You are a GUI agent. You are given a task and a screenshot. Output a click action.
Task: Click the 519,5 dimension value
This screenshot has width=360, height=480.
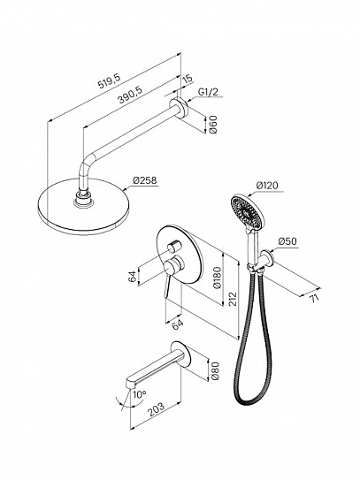(110, 80)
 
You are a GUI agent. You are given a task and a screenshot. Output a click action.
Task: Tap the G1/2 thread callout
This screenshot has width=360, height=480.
(209, 92)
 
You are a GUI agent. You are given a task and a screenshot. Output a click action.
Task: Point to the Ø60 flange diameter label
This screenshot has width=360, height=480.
(213, 125)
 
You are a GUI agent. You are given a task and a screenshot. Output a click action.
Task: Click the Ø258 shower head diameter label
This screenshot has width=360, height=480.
(144, 180)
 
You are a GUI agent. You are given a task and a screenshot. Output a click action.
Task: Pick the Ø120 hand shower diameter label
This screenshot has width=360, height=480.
(267, 186)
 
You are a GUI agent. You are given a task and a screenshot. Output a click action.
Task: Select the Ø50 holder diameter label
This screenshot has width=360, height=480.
(287, 241)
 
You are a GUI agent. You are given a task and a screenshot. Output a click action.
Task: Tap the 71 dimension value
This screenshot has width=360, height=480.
(314, 298)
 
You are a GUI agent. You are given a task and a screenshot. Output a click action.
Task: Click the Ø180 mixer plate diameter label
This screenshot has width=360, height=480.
(217, 278)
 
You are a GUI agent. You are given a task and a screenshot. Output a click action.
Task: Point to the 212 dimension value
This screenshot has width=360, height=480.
(233, 299)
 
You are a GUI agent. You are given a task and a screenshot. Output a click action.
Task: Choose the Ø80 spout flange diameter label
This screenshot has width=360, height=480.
(216, 370)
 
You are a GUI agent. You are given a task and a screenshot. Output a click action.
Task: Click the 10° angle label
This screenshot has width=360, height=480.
(139, 394)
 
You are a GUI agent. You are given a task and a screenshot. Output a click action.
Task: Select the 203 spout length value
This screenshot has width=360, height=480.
(157, 409)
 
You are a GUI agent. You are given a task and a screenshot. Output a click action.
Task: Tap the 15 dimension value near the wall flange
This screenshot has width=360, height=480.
(188, 79)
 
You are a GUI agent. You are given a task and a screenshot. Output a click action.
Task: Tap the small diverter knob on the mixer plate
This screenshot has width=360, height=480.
(174, 246)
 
